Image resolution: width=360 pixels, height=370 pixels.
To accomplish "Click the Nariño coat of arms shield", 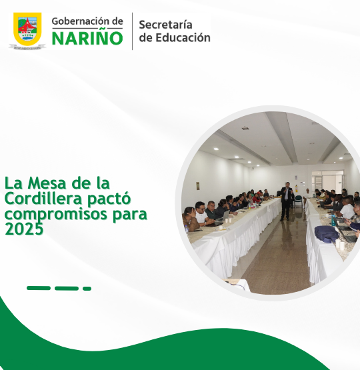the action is [x=27, y=29].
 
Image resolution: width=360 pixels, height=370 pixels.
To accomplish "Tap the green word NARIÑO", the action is [x=87, y=38].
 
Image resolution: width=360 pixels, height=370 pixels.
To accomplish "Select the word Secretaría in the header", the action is [x=165, y=25].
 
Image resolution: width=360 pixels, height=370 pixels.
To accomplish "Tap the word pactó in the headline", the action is [x=109, y=199].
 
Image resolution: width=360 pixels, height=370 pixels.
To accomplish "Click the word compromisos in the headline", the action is [x=57, y=214].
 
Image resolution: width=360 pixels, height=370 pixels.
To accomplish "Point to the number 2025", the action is [x=24, y=229].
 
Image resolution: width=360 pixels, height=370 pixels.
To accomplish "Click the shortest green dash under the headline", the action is [x=87, y=289].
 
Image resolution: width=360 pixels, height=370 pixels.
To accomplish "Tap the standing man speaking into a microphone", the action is [x=287, y=201].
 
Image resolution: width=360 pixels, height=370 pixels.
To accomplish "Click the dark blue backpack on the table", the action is [x=327, y=233].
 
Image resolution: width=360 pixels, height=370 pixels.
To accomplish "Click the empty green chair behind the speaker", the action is [x=299, y=201].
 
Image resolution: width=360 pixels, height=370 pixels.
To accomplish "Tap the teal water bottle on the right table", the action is [x=333, y=220].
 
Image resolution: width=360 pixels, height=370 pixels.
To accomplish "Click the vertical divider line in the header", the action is [x=132, y=31].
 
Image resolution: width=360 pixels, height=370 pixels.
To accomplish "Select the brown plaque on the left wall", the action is [x=198, y=186].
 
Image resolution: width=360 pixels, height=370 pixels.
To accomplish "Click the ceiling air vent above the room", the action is [x=245, y=129].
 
